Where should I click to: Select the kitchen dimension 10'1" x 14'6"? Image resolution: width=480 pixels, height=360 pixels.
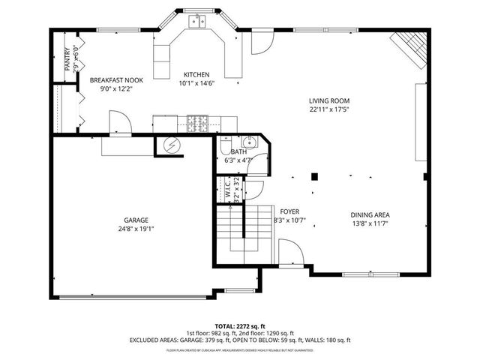pos(196,84)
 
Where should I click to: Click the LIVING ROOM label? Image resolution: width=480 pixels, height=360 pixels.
pos(329,100)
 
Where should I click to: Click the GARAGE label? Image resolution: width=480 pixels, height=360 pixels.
pos(136,220)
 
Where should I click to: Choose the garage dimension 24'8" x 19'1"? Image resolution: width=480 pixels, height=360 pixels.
pos(136,229)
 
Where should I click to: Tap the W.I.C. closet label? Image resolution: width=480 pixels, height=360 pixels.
pos(227,190)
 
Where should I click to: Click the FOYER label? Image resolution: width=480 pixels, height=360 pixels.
pos(289,211)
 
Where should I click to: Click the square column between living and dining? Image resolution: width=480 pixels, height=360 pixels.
pos(316,177)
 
